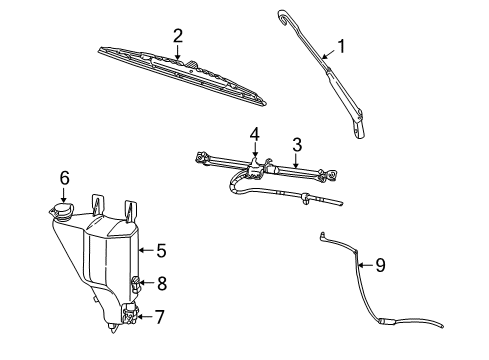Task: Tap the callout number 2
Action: pyautogui.click(x=177, y=36)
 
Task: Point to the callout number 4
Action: pyautogui.click(x=254, y=133)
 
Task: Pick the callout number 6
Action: pyautogui.click(x=64, y=177)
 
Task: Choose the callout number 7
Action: pyautogui.click(x=160, y=317)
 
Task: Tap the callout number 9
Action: pyautogui.click(x=379, y=265)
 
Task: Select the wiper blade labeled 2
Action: pyautogui.click(x=190, y=76)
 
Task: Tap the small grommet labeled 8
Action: pyautogui.click(x=137, y=284)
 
